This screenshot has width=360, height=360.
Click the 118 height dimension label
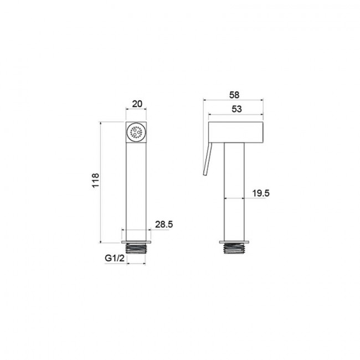(95, 181)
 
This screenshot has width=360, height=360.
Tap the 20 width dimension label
(137, 104)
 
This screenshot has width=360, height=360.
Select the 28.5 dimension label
(164, 224)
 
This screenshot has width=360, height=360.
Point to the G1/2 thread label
(115, 258)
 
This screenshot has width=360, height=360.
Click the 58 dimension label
(234, 95)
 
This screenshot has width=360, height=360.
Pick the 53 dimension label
(236, 109)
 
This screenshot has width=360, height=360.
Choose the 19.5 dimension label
(261, 193)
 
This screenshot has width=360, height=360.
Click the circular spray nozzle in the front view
(136, 132)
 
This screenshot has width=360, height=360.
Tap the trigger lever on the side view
(207, 159)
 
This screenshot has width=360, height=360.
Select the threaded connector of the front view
(136, 249)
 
